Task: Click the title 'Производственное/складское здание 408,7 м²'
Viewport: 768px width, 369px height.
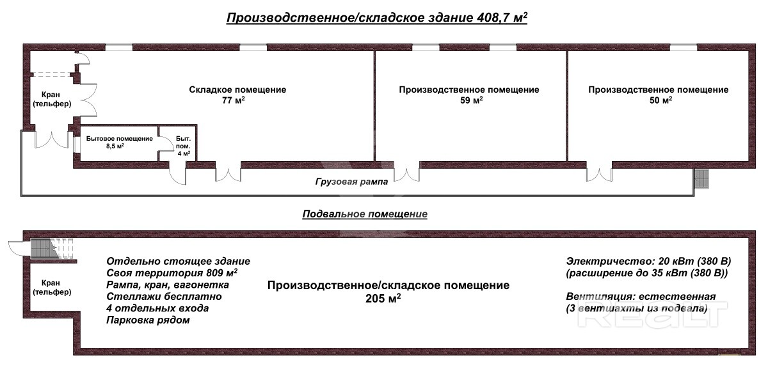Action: [x=377, y=18]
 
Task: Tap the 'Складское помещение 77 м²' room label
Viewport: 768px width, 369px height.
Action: [x=237, y=95]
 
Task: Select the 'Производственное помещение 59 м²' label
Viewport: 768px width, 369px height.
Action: [x=468, y=95]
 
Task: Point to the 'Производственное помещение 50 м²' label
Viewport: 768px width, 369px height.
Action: [x=659, y=95]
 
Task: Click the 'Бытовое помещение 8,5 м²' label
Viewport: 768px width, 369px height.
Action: [x=119, y=142]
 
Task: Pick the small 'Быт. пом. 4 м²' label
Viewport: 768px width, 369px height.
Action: [x=184, y=146]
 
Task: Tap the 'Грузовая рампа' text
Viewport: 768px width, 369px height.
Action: [x=351, y=182]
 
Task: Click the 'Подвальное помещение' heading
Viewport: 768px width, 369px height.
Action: [x=365, y=214]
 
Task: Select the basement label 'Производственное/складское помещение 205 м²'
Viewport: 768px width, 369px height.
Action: [x=388, y=292]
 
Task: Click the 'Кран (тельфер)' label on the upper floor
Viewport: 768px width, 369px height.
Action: [x=52, y=99]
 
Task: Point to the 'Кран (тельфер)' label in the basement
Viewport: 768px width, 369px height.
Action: [x=52, y=287]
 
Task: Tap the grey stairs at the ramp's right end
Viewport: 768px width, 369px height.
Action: [x=701, y=179]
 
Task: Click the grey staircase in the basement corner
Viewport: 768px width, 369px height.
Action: [x=44, y=248]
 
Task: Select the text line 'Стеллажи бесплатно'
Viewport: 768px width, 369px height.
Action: [x=164, y=296]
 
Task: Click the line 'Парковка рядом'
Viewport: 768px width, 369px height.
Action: [x=148, y=320]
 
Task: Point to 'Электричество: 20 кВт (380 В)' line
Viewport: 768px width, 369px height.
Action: [x=648, y=262]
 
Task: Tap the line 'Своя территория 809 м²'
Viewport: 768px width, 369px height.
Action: [x=172, y=273]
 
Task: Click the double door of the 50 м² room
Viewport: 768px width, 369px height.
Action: [x=599, y=175]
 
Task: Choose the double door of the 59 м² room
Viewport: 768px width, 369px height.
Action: [x=406, y=175]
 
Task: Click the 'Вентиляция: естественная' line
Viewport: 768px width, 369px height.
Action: [x=641, y=296]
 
